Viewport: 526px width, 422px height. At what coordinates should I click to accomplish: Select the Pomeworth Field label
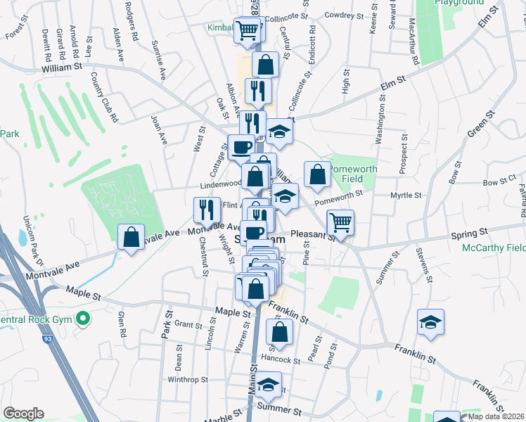(354, 174)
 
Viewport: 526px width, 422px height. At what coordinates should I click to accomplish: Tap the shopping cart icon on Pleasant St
(340, 224)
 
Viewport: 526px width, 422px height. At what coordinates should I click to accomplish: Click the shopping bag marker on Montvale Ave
(131, 238)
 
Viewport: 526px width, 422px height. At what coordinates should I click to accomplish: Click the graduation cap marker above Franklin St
(430, 323)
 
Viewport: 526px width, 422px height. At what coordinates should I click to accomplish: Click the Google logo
(23, 414)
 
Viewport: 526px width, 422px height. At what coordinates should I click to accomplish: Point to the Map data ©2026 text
(496, 416)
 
